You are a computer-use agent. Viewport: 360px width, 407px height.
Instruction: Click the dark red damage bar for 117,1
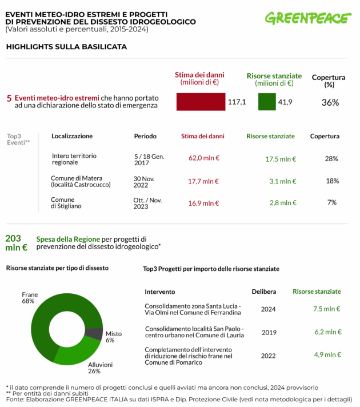[201, 102]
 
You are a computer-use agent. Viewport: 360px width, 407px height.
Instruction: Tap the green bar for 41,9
[267, 102]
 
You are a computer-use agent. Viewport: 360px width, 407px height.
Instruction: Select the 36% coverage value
[330, 102]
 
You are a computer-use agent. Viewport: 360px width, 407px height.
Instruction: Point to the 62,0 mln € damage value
[204, 158]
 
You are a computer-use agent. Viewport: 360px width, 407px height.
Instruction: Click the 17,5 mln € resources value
[281, 158]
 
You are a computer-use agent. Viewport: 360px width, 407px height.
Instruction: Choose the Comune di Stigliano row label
[66, 202]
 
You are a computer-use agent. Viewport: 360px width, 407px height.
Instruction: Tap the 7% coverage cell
[331, 202]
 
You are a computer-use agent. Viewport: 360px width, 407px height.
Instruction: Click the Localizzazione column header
[72, 136]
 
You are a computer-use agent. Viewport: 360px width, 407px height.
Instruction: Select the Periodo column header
[145, 136]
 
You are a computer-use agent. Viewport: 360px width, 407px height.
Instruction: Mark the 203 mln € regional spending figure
[16, 243]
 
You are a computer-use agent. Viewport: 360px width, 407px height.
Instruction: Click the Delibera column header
[265, 292]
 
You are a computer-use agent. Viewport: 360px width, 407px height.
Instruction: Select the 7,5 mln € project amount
[326, 309]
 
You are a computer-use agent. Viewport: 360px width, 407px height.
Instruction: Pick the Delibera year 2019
[269, 332]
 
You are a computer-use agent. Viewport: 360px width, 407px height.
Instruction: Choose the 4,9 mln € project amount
[326, 354]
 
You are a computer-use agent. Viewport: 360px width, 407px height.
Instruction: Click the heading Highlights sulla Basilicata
[66, 46]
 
